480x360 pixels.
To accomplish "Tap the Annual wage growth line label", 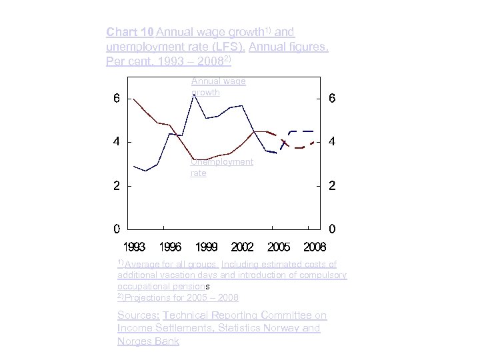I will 218,87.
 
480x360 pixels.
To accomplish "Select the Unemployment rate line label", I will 221,167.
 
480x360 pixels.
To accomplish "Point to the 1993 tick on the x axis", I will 134,247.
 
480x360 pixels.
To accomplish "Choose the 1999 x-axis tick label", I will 206,247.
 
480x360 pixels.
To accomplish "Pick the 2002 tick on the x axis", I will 242,247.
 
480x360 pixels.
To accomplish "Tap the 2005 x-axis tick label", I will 279,247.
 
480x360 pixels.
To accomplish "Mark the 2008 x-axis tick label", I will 315,247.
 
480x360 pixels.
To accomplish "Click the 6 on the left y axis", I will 117,99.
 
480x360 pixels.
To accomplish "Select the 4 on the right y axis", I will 332,143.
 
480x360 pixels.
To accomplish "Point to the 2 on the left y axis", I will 117,186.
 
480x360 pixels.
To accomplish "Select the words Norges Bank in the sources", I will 148,341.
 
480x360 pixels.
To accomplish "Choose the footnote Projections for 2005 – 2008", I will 178,297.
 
